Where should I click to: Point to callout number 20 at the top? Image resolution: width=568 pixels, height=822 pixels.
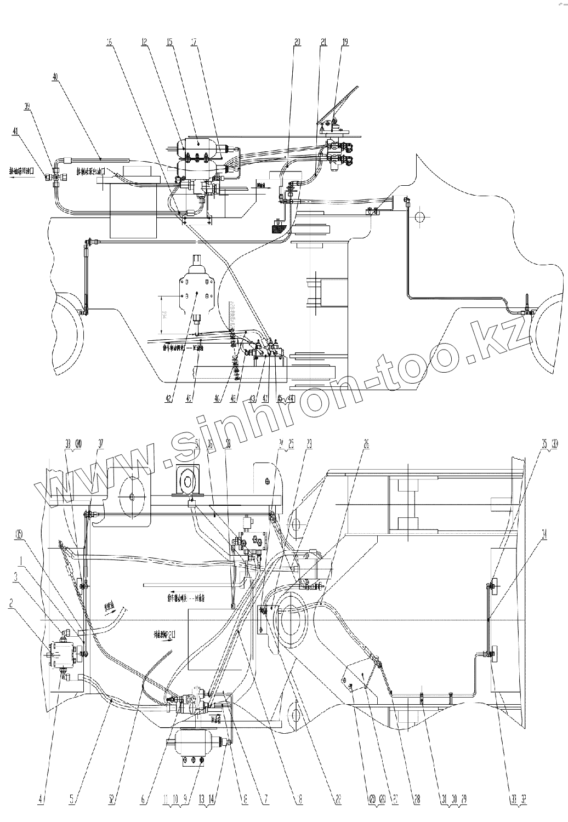297,42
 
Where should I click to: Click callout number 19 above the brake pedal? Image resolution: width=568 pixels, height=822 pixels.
345,42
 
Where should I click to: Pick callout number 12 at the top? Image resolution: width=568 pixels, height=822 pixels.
144,42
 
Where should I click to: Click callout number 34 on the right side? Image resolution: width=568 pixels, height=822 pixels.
544,538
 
